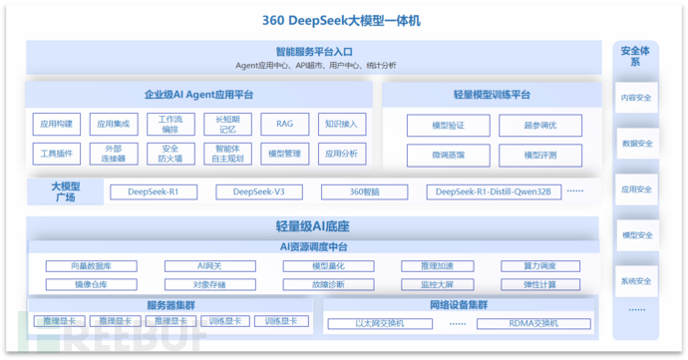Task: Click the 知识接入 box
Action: [340, 125]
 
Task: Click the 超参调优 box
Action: [540, 126]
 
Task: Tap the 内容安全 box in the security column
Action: [636, 98]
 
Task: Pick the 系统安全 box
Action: [636, 281]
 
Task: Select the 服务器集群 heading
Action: [171, 305]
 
